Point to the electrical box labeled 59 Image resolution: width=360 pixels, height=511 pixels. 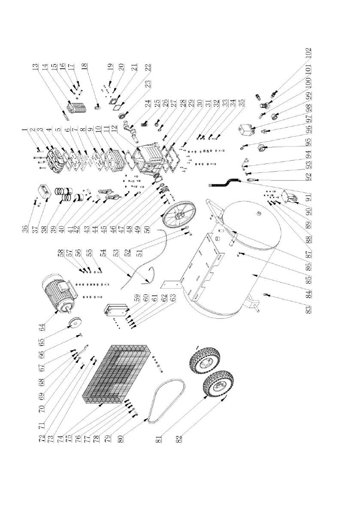pyautogui.click(x=117, y=312)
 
